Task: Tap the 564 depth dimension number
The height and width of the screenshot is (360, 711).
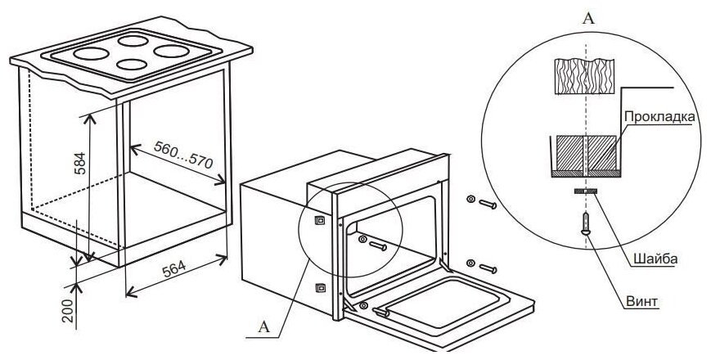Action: click(x=173, y=272)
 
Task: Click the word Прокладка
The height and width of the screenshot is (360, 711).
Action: click(x=659, y=117)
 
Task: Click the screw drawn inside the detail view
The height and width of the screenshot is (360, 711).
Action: click(x=586, y=223)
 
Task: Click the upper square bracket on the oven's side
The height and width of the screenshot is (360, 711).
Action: click(x=319, y=219)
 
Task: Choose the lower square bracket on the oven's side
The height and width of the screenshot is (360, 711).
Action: click(x=319, y=287)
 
